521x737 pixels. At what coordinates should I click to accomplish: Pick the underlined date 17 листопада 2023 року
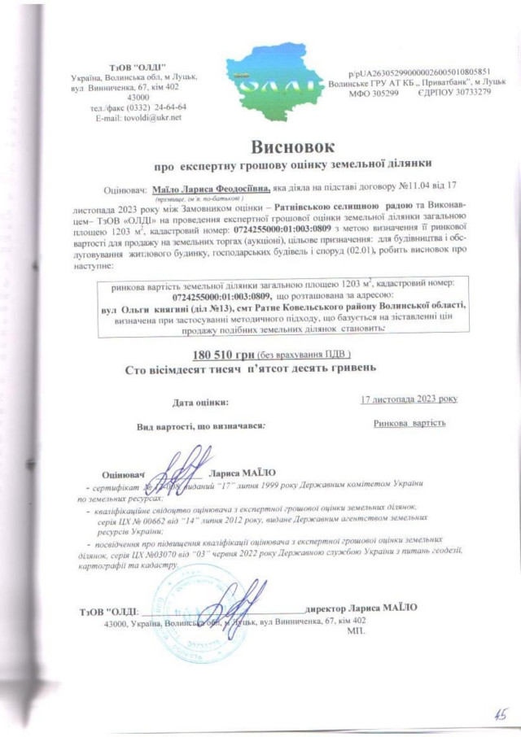(409, 399)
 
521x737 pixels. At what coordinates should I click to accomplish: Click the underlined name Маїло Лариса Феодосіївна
(210, 189)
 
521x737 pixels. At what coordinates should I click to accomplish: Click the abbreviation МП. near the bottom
(356, 630)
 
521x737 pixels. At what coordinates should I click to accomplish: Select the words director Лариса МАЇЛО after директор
(382, 607)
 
